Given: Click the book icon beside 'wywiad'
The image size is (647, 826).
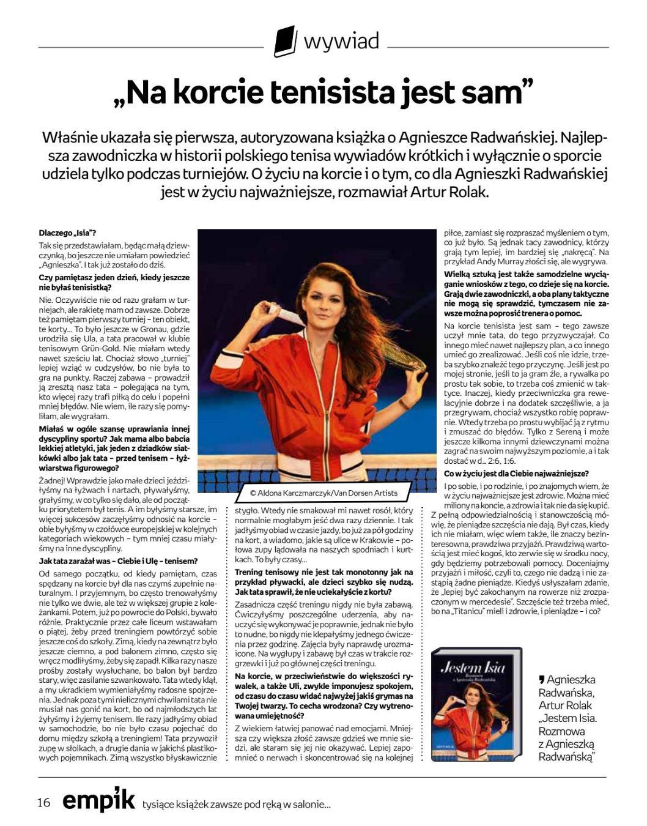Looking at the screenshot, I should coord(285,42).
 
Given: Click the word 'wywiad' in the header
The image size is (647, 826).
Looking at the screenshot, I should coord(341,42).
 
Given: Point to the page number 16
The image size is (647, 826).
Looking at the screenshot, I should coord(43,803).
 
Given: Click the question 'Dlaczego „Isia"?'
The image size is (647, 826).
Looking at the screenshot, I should coord(67,233).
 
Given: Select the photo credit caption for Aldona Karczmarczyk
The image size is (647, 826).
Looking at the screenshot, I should coord(324,493).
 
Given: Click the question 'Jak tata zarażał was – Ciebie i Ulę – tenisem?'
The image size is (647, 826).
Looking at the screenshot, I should coord(118,560).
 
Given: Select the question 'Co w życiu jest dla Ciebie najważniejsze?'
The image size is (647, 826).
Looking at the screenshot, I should coord(517,474).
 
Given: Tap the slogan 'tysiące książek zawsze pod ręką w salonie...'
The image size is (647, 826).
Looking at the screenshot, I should coord(236,804).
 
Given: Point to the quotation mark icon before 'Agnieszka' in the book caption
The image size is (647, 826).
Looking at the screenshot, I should coord(542,679).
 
